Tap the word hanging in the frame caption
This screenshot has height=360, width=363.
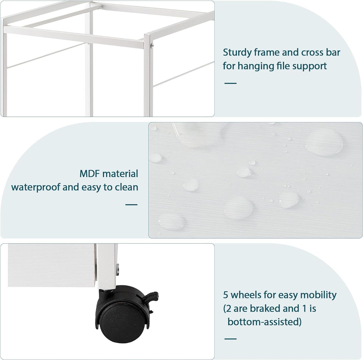click(x=256, y=66)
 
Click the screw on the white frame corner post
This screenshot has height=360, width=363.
click(x=151, y=46)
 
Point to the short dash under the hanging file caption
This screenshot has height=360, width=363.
click(x=230, y=83)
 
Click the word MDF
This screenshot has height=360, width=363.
click(x=90, y=174)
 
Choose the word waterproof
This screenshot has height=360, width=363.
click(x=36, y=187)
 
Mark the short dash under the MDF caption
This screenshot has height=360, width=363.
click(x=131, y=205)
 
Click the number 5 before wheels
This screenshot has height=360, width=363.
click(x=226, y=295)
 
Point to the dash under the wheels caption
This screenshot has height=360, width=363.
click(x=230, y=339)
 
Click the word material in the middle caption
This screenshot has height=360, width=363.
click(x=120, y=174)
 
